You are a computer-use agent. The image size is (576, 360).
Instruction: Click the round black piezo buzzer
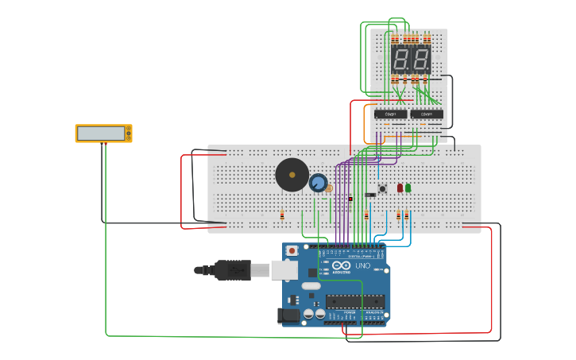(x=292, y=175)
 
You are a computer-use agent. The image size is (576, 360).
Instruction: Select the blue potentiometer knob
(x=318, y=184)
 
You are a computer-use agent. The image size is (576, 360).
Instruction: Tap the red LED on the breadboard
(x=400, y=188)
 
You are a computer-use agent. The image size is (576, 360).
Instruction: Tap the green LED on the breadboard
(x=408, y=188)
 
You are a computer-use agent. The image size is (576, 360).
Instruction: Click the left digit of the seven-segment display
(x=400, y=60)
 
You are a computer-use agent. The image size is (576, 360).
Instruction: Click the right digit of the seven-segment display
(x=420, y=60)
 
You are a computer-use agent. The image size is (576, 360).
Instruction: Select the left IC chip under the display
(x=390, y=114)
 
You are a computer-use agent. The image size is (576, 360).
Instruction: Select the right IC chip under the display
(x=427, y=114)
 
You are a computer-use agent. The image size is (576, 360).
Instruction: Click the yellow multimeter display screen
(x=101, y=134)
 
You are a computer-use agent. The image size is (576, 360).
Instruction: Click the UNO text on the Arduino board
(x=362, y=266)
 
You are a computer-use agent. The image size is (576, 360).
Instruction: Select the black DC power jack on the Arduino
(x=290, y=315)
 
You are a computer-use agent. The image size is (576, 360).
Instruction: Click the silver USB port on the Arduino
(x=284, y=270)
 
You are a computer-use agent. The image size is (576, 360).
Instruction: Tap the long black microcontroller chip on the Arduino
(x=354, y=301)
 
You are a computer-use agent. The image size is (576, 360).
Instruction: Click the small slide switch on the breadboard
(x=370, y=195)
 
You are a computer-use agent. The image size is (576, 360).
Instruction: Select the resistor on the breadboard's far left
(x=282, y=215)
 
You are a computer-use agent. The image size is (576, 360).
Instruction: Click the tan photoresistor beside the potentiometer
(x=330, y=188)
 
